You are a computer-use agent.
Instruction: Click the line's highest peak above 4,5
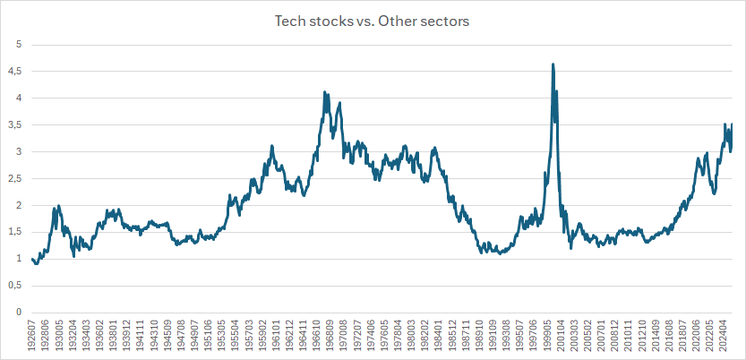coord(553,64)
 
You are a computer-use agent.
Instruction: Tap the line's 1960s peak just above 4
coord(324,92)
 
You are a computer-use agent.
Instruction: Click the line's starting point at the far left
coord(32,259)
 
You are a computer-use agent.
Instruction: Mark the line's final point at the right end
coord(732,124)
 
